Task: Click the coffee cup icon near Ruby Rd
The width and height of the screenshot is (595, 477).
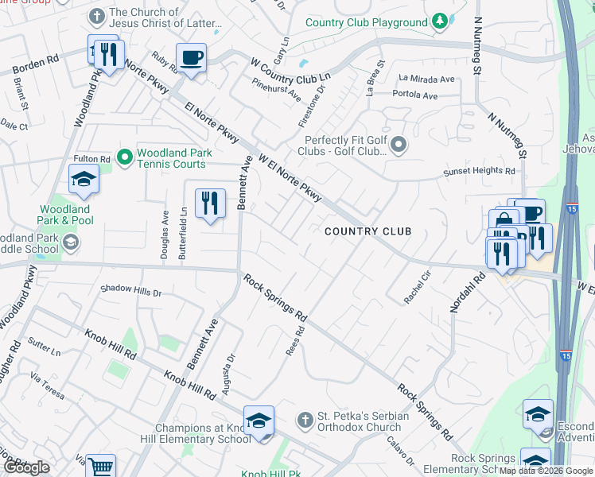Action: pos(192,58)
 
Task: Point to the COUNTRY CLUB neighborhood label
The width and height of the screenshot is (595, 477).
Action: pos(367,231)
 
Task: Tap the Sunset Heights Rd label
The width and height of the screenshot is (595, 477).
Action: pos(479,170)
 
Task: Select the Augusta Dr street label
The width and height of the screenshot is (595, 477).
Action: pos(230,367)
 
